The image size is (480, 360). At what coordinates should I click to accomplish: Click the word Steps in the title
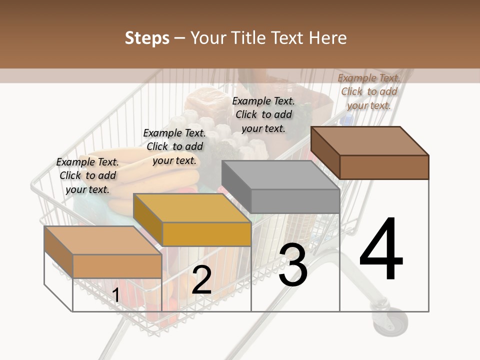coord(147,38)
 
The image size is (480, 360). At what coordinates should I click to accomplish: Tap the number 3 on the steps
coord(293,265)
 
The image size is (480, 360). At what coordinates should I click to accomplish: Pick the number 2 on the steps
coord(201,279)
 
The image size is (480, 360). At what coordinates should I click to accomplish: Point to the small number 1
coord(115,295)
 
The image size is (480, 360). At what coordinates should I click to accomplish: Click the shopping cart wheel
coord(390,320)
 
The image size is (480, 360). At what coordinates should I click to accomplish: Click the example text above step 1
coord(87,175)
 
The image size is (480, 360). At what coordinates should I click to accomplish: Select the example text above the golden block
coord(174,146)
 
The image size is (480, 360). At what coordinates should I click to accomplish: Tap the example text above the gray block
coord(263,114)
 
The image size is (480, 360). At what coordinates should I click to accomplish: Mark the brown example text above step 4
coord(369,91)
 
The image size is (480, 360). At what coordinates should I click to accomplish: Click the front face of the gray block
coord(295,201)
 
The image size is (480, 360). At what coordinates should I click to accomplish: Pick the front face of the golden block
coord(206,234)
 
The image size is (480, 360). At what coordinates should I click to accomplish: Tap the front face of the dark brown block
coord(384,167)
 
